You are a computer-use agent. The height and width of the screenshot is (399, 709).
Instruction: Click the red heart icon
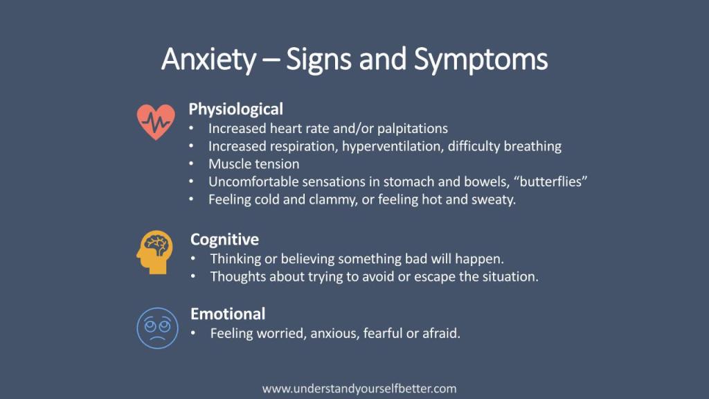point(156,122)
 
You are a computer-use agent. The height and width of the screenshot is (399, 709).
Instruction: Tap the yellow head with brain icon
point(154,252)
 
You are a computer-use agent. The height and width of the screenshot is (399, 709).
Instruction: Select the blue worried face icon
point(157,328)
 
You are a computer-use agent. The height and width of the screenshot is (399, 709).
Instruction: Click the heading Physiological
point(235,109)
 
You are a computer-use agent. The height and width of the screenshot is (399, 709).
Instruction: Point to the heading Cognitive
point(224,239)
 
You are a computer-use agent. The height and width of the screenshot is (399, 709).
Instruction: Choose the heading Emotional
point(227,314)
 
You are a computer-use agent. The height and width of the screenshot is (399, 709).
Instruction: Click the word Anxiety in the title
point(209,60)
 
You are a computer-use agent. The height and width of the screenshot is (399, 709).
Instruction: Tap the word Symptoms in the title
point(481,60)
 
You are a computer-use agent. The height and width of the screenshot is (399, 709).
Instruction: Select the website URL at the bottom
point(359,389)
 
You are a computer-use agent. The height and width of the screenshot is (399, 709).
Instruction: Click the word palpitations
point(413,129)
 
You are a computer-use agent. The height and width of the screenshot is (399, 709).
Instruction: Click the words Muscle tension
point(253,163)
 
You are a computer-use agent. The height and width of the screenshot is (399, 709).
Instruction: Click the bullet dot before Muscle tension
point(191,163)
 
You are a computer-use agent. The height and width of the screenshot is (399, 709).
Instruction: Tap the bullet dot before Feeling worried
point(193,333)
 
